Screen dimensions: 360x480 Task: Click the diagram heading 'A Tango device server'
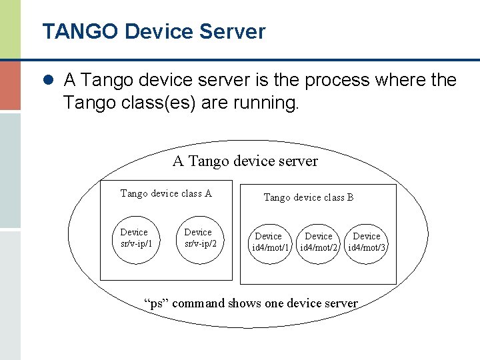(x=245, y=161)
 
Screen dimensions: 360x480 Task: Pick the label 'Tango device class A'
(x=166, y=193)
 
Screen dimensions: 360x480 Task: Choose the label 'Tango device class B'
(x=308, y=197)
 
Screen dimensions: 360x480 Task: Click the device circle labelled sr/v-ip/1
(x=136, y=237)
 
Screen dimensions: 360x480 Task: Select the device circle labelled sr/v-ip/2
(x=200, y=237)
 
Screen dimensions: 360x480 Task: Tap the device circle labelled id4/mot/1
(x=269, y=241)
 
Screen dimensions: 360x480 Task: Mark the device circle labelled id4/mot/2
(x=319, y=241)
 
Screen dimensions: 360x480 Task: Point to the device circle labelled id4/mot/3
(x=367, y=241)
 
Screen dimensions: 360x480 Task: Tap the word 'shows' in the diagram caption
(x=245, y=303)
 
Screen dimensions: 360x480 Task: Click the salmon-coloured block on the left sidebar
(x=10, y=85)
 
